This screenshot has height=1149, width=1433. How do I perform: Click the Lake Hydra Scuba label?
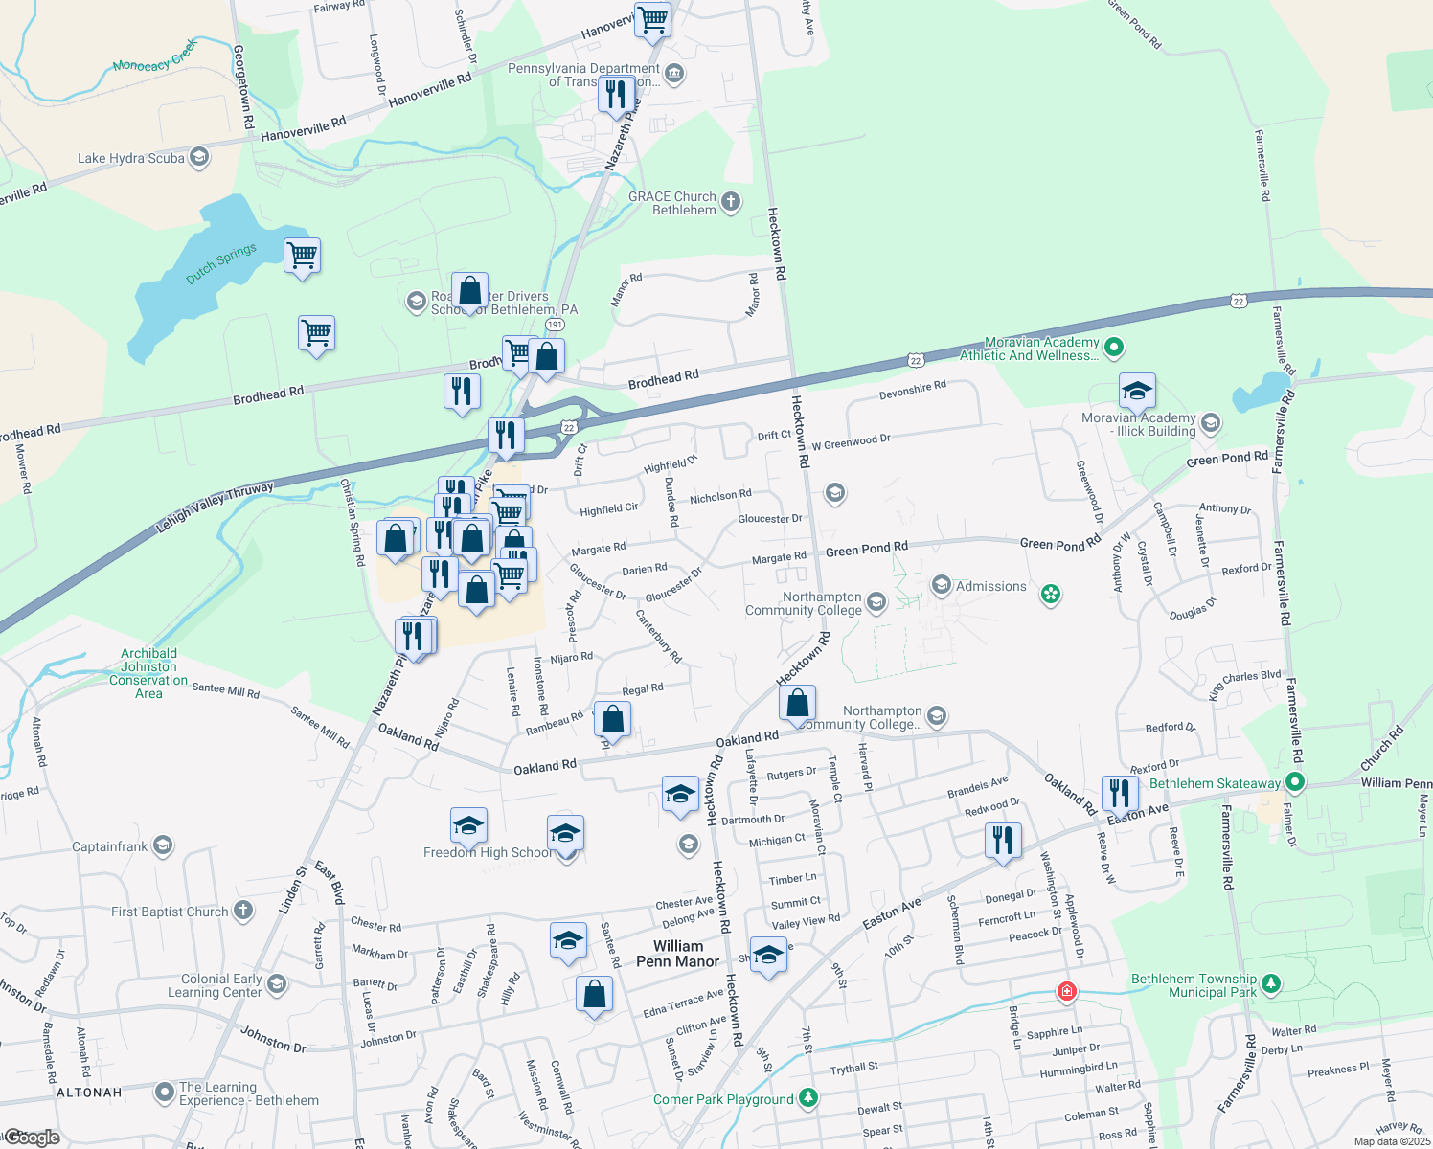pyautogui.click(x=131, y=158)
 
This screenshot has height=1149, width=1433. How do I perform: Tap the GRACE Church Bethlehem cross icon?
pyautogui.click(x=731, y=201)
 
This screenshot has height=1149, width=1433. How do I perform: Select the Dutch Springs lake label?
pyautogui.click(x=221, y=263)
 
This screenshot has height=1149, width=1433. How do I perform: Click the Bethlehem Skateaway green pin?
pyautogui.click(x=1295, y=783)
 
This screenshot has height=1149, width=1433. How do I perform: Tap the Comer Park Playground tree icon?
pyautogui.click(x=808, y=1097)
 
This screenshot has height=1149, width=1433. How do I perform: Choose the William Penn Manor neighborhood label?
pyautogui.click(x=678, y=954)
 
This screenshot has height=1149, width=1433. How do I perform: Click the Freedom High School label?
pyautogui.click(x=488, y=852)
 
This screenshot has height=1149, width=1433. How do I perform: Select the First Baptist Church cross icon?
pyautogui.click(x=244, y=911)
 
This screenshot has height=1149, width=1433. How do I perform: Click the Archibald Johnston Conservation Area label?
pyautogui.click(x=148, y=673)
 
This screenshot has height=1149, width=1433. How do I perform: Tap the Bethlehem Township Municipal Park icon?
pyautogui.click(x=1271, y=983)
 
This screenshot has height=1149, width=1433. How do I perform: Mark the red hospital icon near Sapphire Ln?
pyautogui.click(x=1066, y=991)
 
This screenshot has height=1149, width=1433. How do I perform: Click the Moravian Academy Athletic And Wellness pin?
pyautogui.click(x=1113, y=348)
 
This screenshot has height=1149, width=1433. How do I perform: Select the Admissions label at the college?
pyautogui.click(x=990, y=586)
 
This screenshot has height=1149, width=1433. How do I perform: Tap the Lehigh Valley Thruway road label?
pyautogui.click(x=215, y=507)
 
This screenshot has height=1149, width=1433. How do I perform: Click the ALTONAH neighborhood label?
pyautogui.click(x=89, y=1093)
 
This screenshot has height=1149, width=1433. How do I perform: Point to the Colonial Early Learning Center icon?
pyautogui.click(x=277, y=983)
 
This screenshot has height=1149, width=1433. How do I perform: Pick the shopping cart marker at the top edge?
pyautogui.click(x=653, y=19)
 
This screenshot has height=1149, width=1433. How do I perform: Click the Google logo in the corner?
pyautogui.click(x=34, y=1138)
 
